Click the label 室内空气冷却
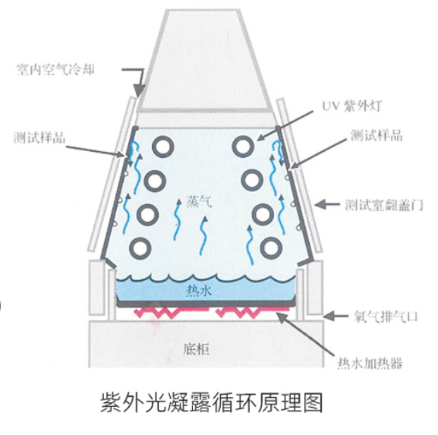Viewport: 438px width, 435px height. [x=55, y=70]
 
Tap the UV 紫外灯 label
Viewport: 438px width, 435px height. [x=352, y=106]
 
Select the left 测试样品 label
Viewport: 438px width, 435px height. [x=39, y=137]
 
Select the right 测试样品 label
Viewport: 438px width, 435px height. [x=377, y=135]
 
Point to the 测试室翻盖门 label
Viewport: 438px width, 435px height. [x=384, y=205]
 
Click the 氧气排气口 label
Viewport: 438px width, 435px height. [x=386, y=317]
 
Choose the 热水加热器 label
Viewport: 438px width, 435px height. [x=370, y=363]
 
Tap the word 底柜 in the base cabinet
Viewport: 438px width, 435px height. [x=196, y=348]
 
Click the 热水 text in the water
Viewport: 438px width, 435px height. [x=199, y=291]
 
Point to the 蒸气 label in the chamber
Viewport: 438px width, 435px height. [x=199, y=202]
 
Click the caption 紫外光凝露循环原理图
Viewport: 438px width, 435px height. [x=212, y=402]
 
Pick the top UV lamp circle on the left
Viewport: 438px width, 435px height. [x=163, y=147]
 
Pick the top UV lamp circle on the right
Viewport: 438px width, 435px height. [x=244, y=147]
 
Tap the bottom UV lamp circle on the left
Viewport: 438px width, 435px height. [x=140, y=248]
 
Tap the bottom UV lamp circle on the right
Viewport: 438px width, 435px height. [x=271, y=248]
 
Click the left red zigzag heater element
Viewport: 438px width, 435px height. [x=171, y=312]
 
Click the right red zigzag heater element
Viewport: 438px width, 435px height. [x=253, y=312]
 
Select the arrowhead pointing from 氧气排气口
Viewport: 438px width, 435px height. [x=329, y=317]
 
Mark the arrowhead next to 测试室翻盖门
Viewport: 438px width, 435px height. [x=320, y=204]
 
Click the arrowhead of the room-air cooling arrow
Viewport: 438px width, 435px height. [x=139, y=90]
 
